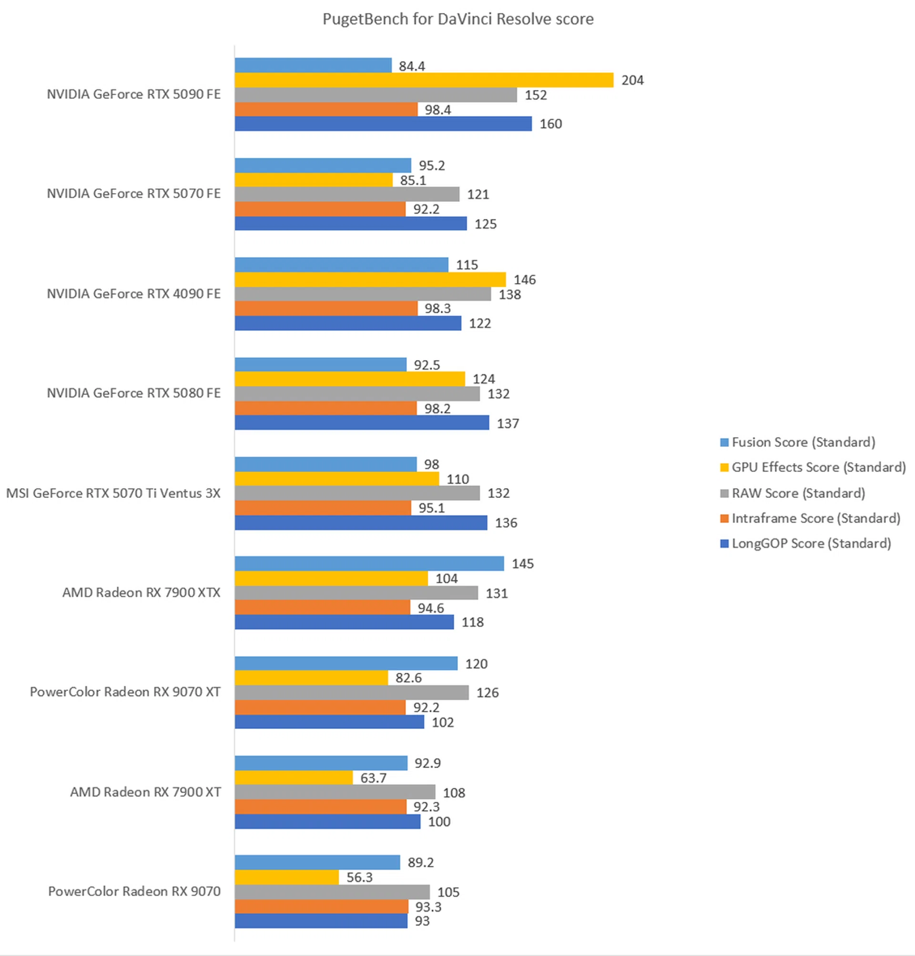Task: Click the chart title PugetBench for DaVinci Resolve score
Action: point(458,19)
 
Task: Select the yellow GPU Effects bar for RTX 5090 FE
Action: point(424,80)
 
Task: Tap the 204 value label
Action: point(632,80)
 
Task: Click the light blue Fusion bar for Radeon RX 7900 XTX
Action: point(369,564)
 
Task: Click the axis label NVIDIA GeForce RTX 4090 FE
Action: point(133,294)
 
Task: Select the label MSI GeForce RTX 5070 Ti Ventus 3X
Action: point(113,493)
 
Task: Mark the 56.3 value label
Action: point(359,877)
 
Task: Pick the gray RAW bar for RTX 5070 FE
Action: point(346,194)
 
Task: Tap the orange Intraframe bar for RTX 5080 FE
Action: point(325,408)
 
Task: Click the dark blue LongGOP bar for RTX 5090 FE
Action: point(383,124)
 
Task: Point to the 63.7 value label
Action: point(374,778)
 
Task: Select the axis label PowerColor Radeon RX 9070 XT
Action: point(125,692)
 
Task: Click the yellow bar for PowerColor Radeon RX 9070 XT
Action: point(311,678)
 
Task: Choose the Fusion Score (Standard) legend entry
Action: point(803,442)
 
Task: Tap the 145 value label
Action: point(523,564)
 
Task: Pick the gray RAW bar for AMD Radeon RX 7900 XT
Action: point(335,792)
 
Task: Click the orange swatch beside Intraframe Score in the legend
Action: point(724,518)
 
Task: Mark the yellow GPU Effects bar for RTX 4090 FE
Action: point(370,279)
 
